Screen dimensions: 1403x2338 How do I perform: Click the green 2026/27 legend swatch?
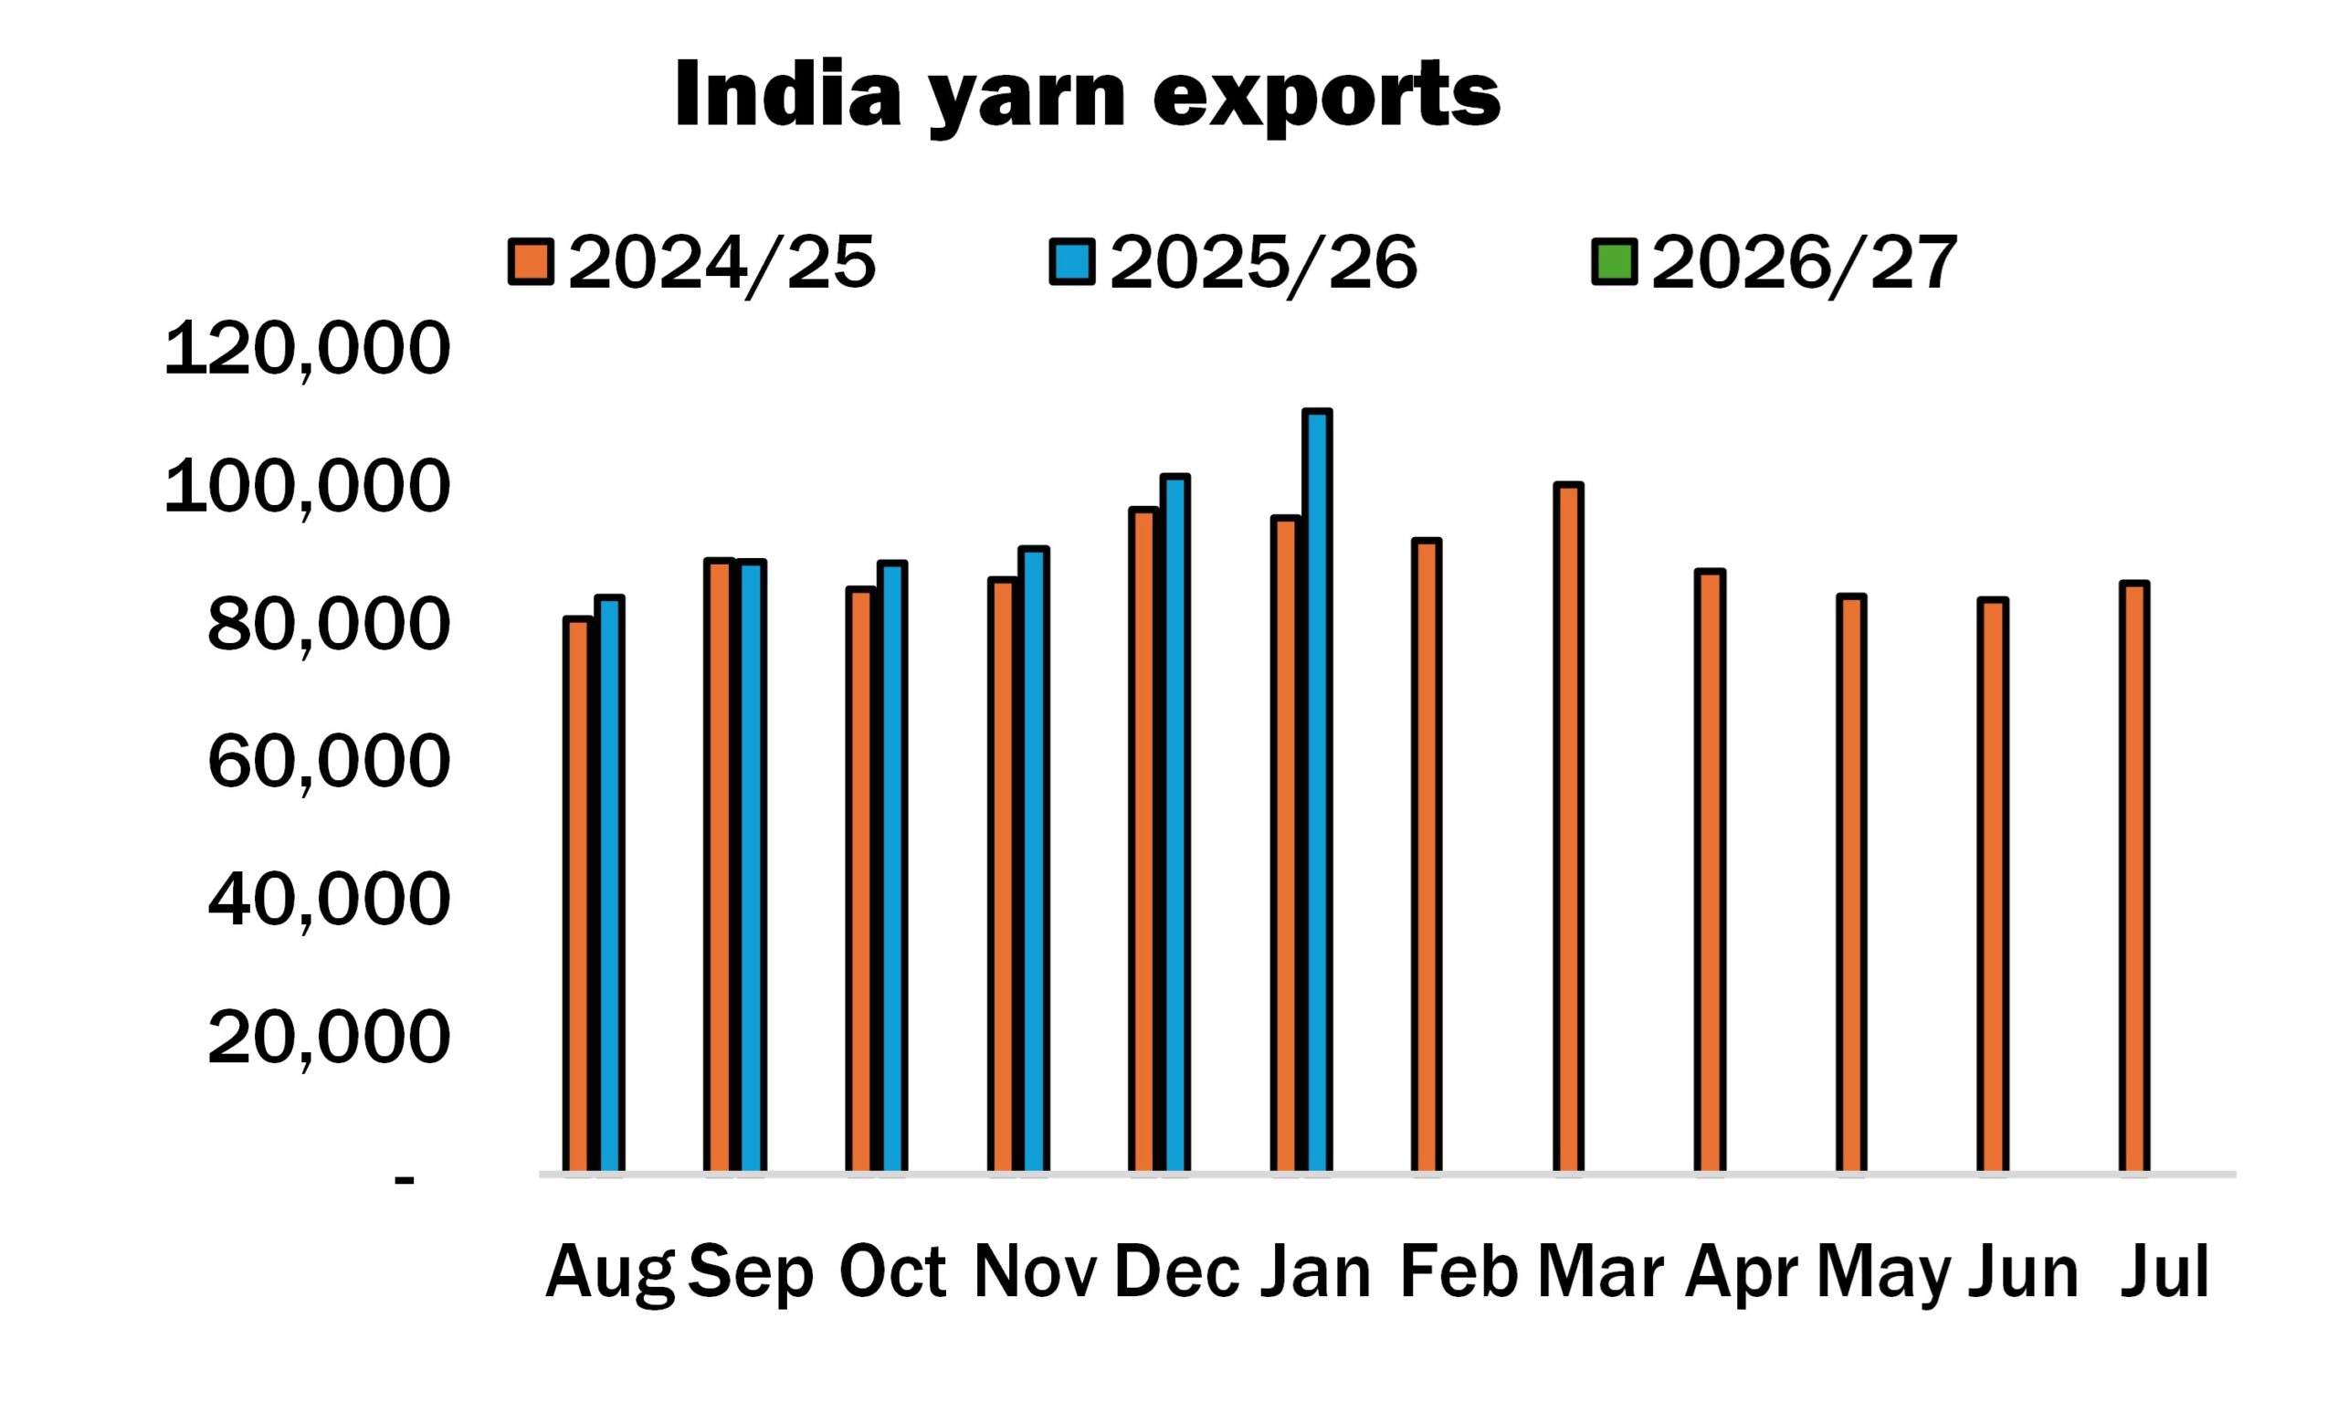(1614, 263)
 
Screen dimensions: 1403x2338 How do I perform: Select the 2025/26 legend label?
(1262, 263)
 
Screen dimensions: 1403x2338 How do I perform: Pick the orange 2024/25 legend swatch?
(532, 263)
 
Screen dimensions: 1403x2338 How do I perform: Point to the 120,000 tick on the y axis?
(307, 350)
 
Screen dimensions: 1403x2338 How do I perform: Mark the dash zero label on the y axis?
(405, 1180)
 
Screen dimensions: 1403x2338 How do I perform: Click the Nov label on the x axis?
(1035, 1273)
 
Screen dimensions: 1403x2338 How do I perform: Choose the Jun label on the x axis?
(2023, 1273)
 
